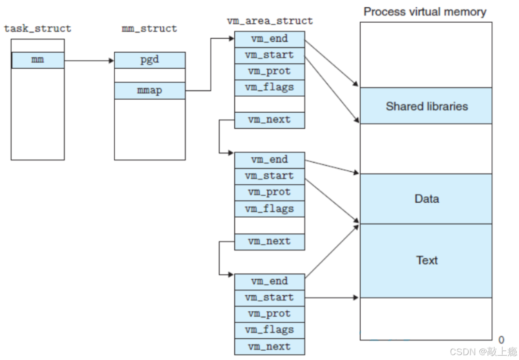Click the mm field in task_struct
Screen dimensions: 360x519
tap(38, 60)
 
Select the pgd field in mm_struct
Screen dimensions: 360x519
tap(150, 60)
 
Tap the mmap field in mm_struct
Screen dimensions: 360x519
tap(150, 90)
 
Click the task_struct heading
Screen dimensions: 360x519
tap(38, 29)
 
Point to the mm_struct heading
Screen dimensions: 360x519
tap(150, 29)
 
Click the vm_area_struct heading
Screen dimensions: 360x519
tap(270, 21)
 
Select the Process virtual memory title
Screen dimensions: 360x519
tap(425, 12)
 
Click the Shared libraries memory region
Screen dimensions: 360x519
tap(426, 106)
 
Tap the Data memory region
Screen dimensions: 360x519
tap(426, 198)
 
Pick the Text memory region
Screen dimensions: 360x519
tap(426, 260)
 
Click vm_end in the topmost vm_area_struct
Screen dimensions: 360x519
tap(270, 39)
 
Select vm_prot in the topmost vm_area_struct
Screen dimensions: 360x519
tap(270, 71)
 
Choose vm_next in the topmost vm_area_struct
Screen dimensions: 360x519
tap(270, 120)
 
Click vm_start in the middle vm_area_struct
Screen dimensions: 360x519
tap(270, 176)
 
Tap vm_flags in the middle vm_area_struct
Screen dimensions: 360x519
tap(270, 209)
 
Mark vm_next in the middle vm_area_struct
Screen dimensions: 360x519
tap(270, 241)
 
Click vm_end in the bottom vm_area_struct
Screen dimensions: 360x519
tap(270, 282)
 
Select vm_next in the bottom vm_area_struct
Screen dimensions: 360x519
tap(270, 346)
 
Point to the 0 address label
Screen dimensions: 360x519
tap(502, 340)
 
